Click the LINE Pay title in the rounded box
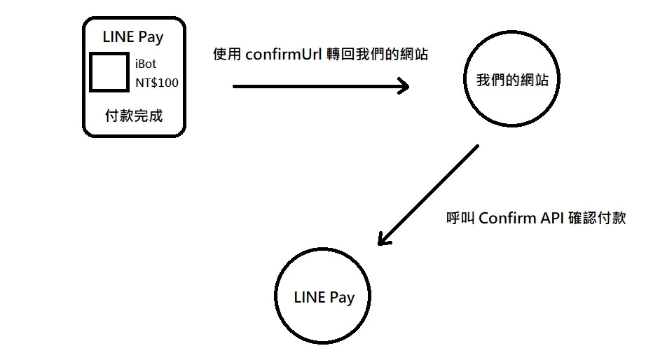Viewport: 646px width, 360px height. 134,36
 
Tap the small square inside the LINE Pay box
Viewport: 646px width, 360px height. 109,72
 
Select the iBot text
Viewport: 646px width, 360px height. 146,64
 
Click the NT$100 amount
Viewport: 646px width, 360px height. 157,83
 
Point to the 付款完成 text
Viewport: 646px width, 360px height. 133,116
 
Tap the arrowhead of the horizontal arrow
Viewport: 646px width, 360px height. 404,86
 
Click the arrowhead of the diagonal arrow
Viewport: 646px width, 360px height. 383,240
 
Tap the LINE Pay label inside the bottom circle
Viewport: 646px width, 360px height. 324,297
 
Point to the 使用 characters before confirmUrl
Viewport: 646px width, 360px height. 228,55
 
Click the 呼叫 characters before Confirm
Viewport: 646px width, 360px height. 460,218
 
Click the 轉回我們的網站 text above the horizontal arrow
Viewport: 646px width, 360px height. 378,55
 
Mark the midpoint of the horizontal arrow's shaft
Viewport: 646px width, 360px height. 320,86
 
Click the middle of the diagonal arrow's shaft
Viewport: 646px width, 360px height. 429,194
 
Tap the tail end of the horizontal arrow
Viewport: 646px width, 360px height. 235,86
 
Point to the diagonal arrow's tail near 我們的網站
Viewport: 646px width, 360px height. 476,147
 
